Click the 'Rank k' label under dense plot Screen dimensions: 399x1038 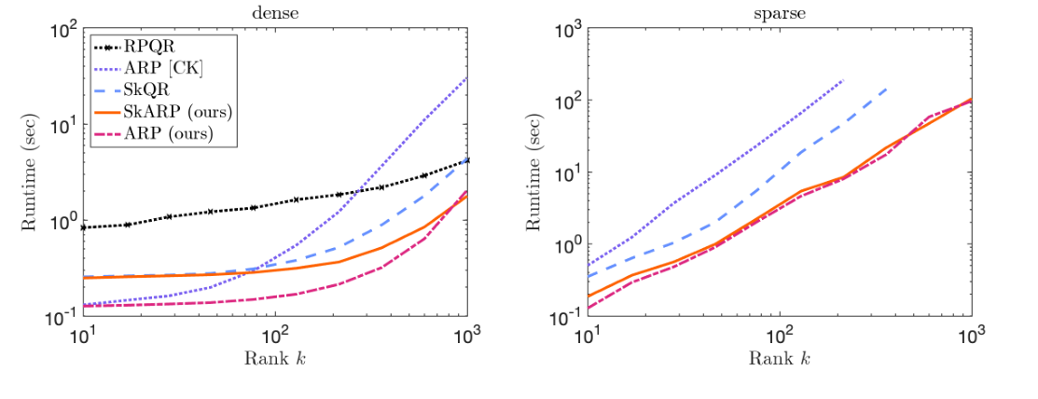pyautogui.click(x=275, y=359)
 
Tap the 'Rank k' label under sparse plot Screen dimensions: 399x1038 pyautogui.click(x=780, y=359)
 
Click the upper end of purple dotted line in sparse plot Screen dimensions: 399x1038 pyautogui.click(x=843, y=80)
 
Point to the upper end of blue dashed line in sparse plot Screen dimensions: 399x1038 pyautogui.click(x=886, y=89)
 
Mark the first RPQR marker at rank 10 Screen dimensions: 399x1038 pyautogui.click(x=85, y=227)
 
